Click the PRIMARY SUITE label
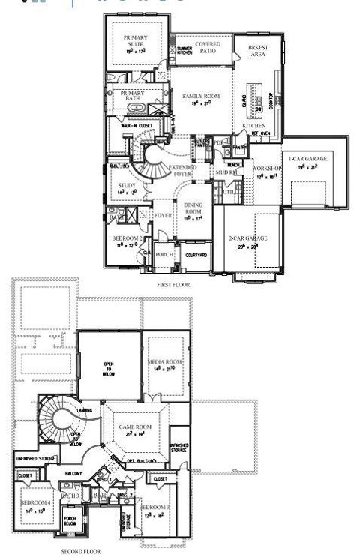pyautogui.click(x=136, y=41)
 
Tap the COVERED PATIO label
pyautogui.click(x=208, y=48)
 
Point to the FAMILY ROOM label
pyautogui.click(x=198, y=97)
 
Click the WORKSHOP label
pyautogui.click(x=267, y=169)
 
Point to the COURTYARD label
pyautogui.click(x=194, y=255)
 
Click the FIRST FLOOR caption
pyautogui.click(x=173, y=286)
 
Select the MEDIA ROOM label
pyautogui.click(x=166, y=362)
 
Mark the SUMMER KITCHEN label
pyautogui.click(x=184, y=50)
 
